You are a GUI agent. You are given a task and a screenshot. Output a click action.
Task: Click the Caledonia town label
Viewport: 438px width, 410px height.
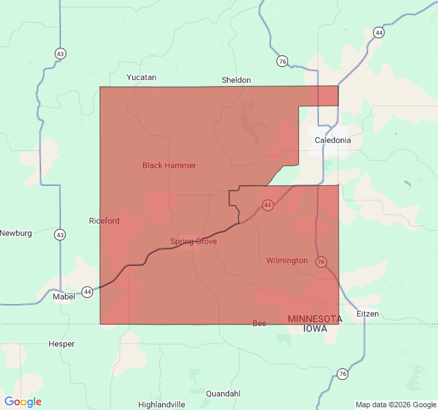[x=332, y=140]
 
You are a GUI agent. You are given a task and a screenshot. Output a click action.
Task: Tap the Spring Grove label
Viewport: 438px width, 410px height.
[x=193, y=241]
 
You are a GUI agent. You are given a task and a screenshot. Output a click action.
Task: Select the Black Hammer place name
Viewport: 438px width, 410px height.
[x=169, y=165]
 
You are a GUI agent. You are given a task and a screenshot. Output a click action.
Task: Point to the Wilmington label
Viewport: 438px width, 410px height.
[x=287, y=260]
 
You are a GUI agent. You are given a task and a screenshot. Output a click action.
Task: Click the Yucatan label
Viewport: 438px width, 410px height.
[x=142, y=77]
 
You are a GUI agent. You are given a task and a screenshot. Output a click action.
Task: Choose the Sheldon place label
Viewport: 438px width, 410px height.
[x=236, y=80]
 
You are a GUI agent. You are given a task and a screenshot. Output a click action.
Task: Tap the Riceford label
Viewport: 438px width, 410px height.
[x=104, y=221]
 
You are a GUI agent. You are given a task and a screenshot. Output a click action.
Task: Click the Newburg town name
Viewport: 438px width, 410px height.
[x=16, y=233]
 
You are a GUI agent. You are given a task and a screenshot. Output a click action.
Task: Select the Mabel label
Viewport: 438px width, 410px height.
[x=64, y=297]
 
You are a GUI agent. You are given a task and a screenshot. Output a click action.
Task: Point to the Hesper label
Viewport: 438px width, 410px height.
[x=62, y=344]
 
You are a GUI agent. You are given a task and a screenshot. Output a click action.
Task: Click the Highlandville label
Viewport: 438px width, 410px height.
[x=162, y=405]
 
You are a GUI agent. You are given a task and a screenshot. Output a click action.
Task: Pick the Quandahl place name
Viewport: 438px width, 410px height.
[x=223, y=394]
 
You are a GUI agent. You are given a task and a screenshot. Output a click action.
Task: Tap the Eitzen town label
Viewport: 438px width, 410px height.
[x=368, y=314]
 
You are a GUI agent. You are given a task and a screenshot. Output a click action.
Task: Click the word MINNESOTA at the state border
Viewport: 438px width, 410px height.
[x=315, y=319]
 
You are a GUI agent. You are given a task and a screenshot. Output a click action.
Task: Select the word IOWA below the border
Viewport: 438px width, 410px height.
[x=315, y=329]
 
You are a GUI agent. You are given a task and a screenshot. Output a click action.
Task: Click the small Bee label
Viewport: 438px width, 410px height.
[x=259, y=323]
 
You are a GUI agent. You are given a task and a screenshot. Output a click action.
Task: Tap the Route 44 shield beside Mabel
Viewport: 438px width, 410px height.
[x=88, y=292]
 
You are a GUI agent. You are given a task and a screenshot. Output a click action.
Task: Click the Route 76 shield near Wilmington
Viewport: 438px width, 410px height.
[x=322, y=262]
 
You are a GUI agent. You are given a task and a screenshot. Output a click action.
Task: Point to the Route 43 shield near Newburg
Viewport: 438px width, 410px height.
[x=61, y=234]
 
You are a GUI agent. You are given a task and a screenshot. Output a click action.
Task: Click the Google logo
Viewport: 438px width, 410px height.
[x=23, y=402]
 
